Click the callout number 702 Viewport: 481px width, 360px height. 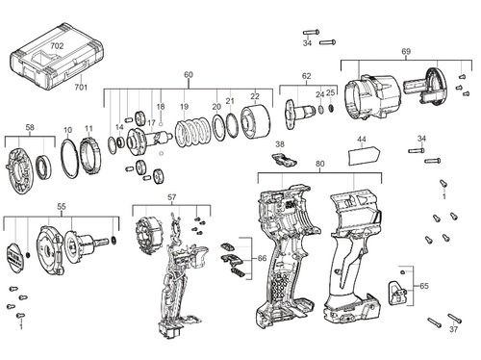(57, 45)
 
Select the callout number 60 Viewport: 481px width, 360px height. (189, 74)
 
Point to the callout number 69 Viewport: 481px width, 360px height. (405, 50)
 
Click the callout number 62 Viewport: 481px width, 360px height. (306, 75)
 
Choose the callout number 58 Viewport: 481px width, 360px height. (31, 128)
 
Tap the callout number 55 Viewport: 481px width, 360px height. (62, 207)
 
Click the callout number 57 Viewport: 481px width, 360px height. (172, 197)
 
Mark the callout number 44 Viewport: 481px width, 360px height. (362, 140)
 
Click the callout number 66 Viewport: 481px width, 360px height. (261, 260)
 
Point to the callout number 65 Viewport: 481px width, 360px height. (424, 287)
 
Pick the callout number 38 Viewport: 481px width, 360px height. (280, 144)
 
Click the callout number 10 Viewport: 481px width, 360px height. (67, 129)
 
